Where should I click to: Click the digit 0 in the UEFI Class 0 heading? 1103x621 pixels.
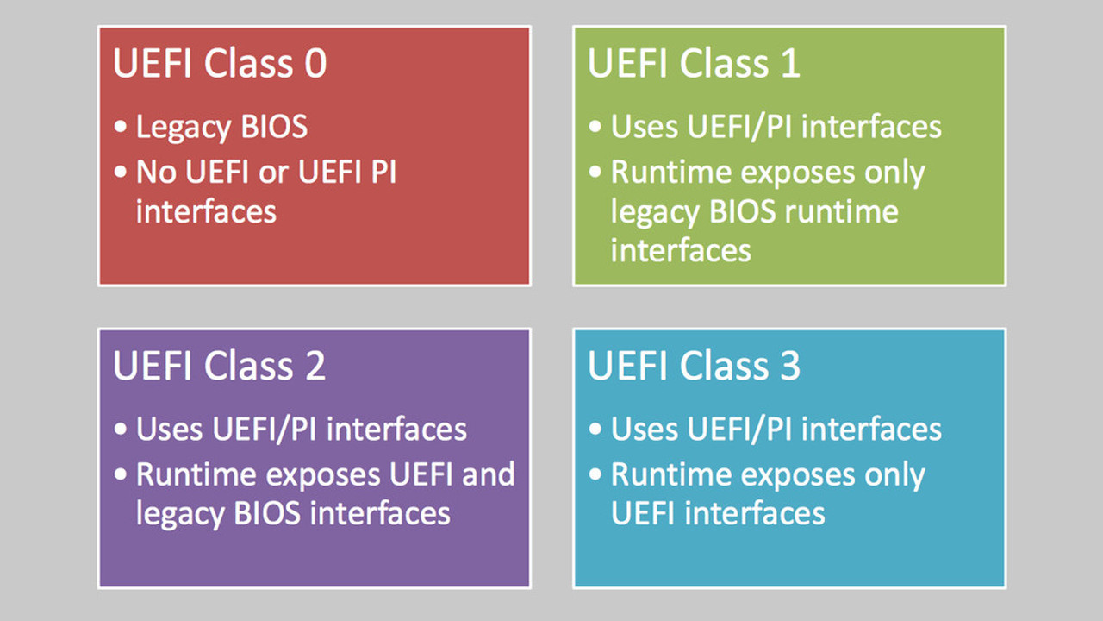click(315, 64)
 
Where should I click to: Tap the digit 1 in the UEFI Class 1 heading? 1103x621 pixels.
click(790, 64)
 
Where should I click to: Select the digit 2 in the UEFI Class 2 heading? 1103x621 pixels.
click(315, 366)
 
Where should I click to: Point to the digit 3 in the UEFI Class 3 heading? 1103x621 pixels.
click(790, 366)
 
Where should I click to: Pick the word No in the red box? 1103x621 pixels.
click(156, 172)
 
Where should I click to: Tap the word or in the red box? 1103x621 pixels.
click(273, 174)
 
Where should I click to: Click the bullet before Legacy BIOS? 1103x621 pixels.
click(120, 127)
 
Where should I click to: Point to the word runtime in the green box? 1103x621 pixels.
click(842, 212)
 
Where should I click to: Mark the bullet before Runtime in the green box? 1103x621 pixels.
click(595, 172)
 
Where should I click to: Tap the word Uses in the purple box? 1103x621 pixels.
click(170, 429)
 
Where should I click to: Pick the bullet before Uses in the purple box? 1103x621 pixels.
click(120, 429)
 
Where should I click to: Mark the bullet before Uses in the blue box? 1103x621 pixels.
click(595, 429)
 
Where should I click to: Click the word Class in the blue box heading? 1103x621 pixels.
click(724, 366)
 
